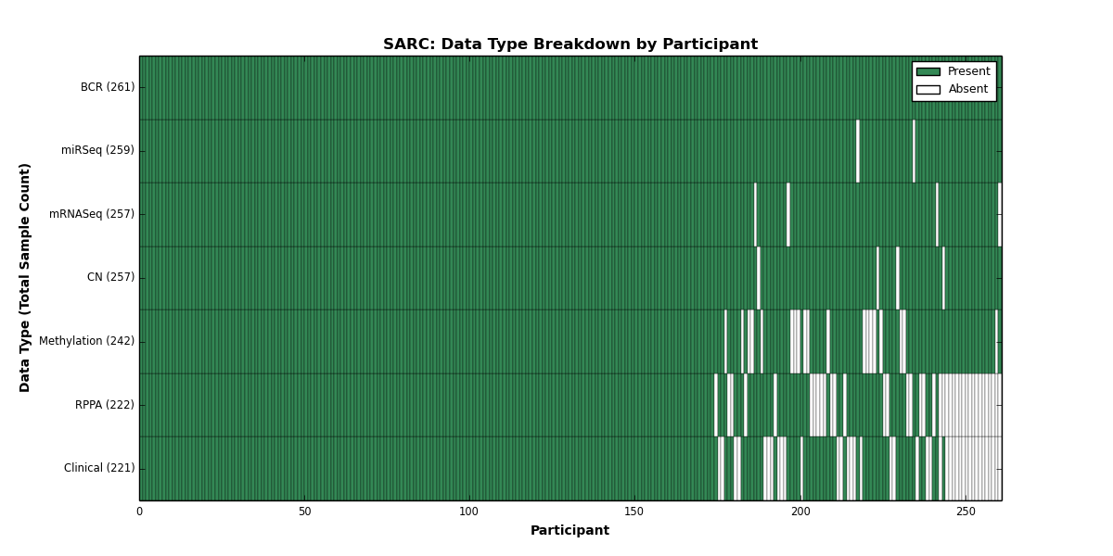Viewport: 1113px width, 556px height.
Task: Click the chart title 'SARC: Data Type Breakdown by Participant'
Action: click(570, 44)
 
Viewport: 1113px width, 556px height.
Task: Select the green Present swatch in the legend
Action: click(928, 72)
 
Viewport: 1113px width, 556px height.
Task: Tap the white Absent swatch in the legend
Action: click(928, 90)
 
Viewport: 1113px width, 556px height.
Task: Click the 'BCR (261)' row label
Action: click(108, 87)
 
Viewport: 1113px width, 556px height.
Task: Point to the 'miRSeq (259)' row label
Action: click(98, 150)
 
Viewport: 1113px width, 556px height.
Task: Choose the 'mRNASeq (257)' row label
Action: click(92, 214)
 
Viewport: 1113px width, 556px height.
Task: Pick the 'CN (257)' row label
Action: click(110, 277)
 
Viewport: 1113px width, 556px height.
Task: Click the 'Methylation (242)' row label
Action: click(87, 341)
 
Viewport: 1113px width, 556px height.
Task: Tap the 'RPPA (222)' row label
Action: click(105, 405)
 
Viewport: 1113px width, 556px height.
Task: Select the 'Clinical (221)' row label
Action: click(99, 468)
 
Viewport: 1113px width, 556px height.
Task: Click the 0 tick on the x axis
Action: click(140, 512)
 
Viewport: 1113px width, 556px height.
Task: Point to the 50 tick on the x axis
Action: click(304, 512)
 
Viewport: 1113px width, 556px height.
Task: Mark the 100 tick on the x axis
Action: click(469, 512)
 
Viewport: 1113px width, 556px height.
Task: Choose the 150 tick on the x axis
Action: click(634, 512)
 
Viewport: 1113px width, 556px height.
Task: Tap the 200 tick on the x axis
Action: click(800, 512)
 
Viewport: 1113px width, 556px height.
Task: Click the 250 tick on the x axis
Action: click(966, 512)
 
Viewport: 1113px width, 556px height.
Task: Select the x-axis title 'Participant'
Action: click(569, 531)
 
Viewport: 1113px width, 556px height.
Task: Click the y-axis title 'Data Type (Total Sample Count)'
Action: click(24, 278)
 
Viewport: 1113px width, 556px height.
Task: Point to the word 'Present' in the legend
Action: click(969, 71)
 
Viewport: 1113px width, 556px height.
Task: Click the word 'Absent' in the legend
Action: click(968, 89)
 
